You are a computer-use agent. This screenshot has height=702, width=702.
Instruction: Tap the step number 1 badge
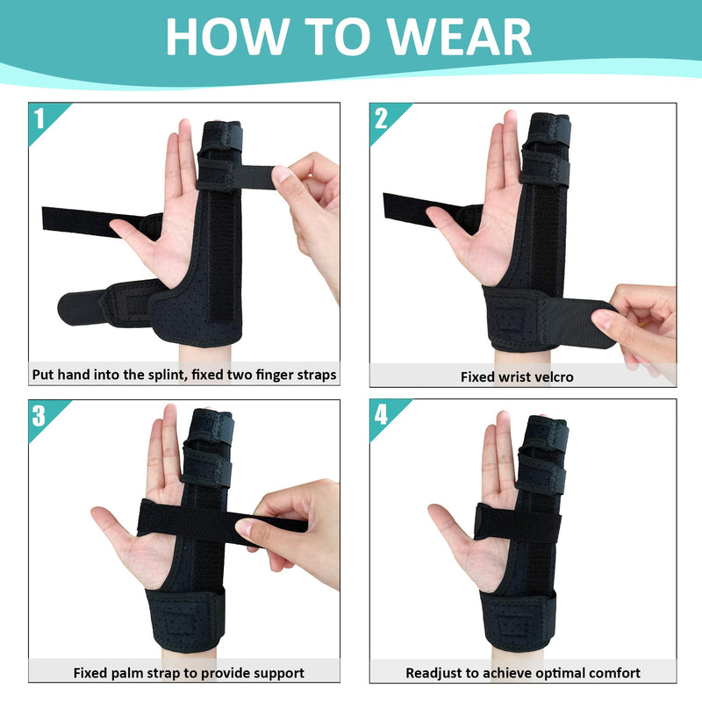(39, 118)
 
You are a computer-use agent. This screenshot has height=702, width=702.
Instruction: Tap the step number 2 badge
(380, 118)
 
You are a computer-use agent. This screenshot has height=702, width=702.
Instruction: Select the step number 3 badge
(39, 414)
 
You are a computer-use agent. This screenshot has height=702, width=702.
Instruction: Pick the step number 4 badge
(380, 414)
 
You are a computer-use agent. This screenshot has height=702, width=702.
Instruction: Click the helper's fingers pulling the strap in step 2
(627, 320)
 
